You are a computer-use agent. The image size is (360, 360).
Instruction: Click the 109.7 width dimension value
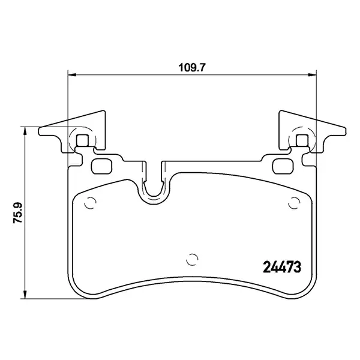[191, 68]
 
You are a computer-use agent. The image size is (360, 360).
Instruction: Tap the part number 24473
[282, 266]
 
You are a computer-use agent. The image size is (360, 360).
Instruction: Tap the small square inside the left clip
[83, 141]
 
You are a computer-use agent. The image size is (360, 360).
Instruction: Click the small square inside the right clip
[302, 141]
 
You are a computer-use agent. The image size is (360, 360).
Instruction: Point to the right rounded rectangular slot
[281, 166]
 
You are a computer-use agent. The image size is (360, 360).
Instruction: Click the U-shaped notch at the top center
[152, 186]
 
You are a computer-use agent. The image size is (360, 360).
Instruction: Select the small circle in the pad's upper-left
[91, 203]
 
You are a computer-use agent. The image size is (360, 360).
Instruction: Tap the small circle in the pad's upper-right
[293, 203]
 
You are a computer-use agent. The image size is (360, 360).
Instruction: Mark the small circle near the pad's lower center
[193, 260]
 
